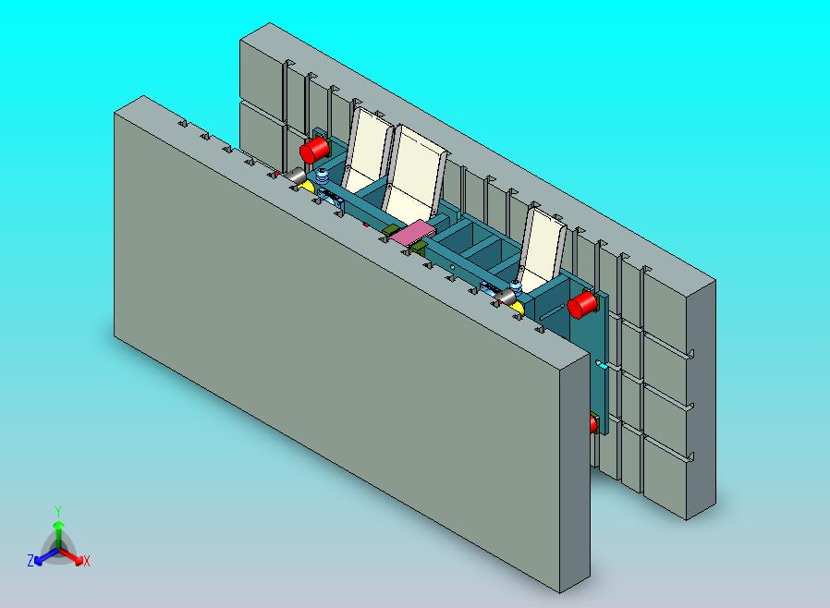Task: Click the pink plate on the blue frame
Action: (412, 233)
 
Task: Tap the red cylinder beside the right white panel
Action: (581, 305)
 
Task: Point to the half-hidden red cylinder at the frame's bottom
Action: (593, 424)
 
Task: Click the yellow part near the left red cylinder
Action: (307, 186)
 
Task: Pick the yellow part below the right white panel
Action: (518, 309)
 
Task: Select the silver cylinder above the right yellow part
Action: (505, 297)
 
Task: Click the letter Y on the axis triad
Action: (58, 511)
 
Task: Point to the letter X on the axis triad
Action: (87, 561)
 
